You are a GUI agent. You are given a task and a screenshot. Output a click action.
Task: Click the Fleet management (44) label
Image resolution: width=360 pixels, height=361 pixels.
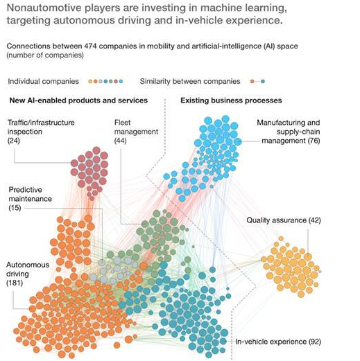point(136,132)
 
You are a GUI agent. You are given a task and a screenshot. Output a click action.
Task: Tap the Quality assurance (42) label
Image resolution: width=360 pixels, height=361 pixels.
point(284,220)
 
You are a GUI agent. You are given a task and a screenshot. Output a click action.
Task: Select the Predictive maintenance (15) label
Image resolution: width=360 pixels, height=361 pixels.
point(30,199)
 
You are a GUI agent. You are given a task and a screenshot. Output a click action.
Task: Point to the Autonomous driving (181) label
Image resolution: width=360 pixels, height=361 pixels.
point(28,274)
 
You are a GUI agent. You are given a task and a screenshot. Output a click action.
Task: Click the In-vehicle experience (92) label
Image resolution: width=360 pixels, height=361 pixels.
point(278,342)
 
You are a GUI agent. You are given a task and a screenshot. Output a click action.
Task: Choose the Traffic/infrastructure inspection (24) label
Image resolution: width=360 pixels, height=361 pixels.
point(41,132)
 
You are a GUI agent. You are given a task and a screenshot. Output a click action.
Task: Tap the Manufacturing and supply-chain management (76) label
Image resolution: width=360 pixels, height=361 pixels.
point(289,132)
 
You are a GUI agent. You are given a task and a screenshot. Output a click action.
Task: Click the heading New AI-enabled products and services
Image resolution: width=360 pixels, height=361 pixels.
point(78,100)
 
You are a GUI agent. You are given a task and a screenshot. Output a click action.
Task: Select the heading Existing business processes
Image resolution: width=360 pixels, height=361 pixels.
point(231,100)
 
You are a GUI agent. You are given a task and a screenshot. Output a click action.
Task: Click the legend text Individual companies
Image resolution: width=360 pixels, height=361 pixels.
point(43,81)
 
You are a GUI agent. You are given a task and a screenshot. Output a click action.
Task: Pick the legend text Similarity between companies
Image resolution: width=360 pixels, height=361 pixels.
point(190,81)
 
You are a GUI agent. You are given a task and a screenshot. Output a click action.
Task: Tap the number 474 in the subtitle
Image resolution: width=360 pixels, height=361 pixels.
point(90,46)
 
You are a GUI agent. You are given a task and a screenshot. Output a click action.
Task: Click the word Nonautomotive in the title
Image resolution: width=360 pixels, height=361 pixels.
point(44,8)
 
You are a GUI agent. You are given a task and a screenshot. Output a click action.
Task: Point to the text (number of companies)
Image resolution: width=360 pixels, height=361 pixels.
point(45,55)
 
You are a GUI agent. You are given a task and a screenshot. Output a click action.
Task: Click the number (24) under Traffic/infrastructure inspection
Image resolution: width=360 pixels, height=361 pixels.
point(14,141)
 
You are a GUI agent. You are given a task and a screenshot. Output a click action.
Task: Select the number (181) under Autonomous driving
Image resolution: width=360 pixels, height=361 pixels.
point(15,283)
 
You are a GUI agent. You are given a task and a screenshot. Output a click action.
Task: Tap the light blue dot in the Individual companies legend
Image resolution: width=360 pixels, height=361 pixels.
point(121,81)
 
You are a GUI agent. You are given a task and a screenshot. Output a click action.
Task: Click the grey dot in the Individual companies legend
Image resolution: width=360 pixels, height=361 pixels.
point(101,81)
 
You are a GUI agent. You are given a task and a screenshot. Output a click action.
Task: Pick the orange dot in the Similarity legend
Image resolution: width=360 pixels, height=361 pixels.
point(252,81)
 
